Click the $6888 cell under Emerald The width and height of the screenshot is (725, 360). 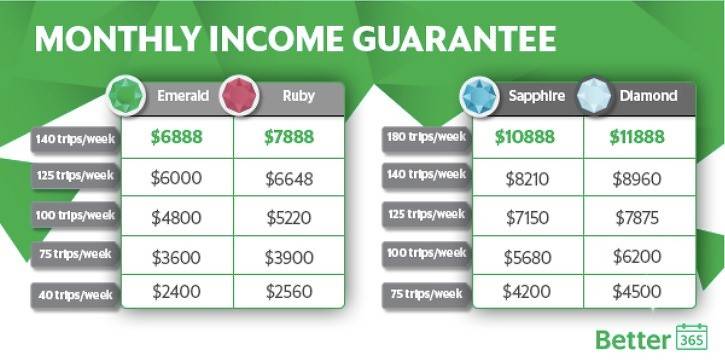[176, 137]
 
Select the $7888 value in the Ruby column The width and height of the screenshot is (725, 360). [290, 137]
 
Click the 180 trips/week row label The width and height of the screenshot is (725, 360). [425, 136]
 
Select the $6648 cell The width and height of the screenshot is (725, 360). [290, 177]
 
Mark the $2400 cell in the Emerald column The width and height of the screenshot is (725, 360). [176, 293]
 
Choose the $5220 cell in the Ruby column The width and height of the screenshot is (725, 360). [290, 216]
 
